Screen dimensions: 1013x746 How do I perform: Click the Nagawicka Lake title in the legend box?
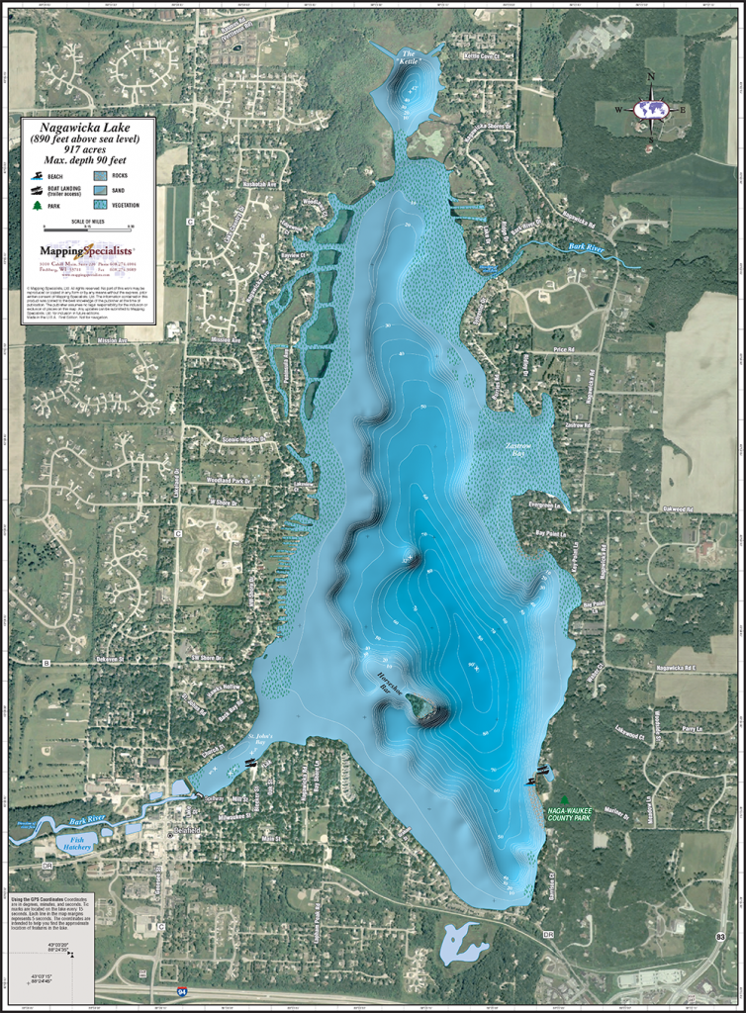click(88, 128)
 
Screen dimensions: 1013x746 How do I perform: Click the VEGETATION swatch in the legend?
click(100, 203)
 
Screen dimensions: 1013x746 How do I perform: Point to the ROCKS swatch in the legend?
click(100, 175)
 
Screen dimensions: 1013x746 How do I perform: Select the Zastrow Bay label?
click(525, 450)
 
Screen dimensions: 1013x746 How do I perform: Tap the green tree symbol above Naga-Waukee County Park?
click(565, 798)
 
